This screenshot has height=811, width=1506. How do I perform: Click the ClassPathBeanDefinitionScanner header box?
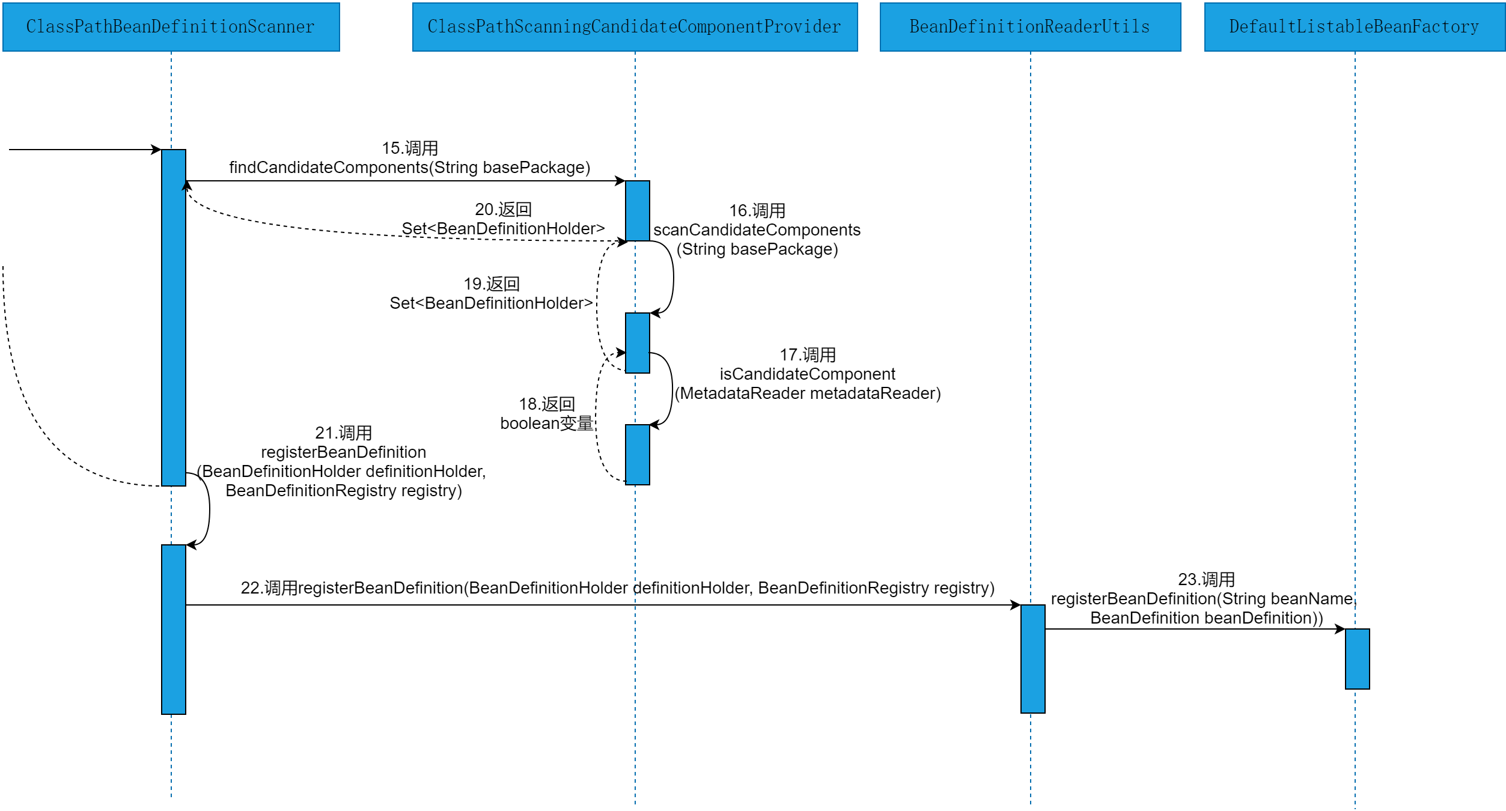[171, 27]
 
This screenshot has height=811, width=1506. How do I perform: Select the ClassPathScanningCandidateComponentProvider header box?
[635, 27]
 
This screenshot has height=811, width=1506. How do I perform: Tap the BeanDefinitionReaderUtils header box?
[1030, 27]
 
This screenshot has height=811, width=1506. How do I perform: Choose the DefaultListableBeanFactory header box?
[1355, 27]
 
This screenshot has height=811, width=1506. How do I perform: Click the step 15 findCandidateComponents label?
[410, 158]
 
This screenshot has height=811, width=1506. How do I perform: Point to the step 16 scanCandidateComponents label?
[757, 230]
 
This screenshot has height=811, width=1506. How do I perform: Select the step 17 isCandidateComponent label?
[807, 374]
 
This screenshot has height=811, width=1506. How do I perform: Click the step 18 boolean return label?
[547, 414]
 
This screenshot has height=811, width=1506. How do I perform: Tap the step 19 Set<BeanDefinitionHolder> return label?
[491, 294]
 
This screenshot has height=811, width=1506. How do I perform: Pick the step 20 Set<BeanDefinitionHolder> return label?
[503, 219]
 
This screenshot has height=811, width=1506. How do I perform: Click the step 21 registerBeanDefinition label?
[343, 462]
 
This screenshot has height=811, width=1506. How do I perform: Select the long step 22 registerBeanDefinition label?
[617, 588]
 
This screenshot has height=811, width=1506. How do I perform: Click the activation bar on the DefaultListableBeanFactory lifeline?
[1357, 659]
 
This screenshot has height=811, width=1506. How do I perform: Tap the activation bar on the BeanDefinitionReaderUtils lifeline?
[1032, 659]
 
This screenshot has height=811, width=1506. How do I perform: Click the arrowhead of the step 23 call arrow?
[1340, 629]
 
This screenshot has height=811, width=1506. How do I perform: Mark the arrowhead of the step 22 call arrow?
[1016, 605]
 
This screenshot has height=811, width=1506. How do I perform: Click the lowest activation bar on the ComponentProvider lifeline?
[637, 455]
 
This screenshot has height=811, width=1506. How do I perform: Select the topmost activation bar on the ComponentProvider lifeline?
[637, 211]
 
